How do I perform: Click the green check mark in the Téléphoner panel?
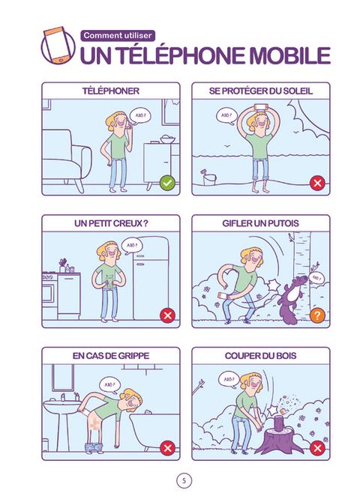pos(167,183)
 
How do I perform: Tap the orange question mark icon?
pos(317,315)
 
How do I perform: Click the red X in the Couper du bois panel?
pos(317,448)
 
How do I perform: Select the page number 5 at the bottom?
pos(184,480)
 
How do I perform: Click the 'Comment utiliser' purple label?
pos(118,35)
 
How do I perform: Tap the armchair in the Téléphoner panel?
pos(66,160)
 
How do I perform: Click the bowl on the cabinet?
pos(168,139)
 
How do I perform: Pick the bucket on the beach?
pos(209,178)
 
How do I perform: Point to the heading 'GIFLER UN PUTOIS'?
pos(260,223)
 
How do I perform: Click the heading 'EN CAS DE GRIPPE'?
pos(111,356)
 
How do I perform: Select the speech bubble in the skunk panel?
pos(316,278)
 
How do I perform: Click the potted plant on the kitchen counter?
pos(62,265)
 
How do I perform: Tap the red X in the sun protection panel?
pos(317,183)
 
